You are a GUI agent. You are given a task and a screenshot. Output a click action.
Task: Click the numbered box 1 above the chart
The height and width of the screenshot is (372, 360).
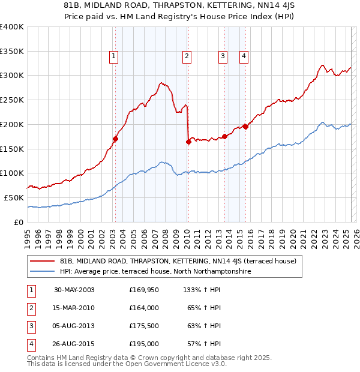tap(114, 56)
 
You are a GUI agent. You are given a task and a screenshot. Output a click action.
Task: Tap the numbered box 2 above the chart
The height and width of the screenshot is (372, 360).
tap(187, 56)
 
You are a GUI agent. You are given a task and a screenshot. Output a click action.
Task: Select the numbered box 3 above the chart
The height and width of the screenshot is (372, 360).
tap(223, 56)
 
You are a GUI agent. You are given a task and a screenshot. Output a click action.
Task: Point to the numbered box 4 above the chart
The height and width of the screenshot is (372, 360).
tap(244, 56)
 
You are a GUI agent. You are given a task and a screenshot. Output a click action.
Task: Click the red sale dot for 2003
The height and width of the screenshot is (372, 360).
tap(115, 139)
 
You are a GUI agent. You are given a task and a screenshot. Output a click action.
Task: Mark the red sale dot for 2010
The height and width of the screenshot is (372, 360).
tap(188, 142)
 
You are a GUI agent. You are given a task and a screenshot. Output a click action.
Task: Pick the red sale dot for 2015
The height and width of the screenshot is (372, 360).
tap(245, 127)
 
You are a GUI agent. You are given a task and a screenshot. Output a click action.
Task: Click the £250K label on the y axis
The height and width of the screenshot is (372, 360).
tap(12, 100)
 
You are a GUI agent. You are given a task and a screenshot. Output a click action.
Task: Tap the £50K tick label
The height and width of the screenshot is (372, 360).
tap(14, 197)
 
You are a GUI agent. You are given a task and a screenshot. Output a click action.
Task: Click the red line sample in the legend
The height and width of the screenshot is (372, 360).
tap(42, 261)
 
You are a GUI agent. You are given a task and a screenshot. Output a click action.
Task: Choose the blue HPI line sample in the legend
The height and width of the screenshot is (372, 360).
tap(42, 271)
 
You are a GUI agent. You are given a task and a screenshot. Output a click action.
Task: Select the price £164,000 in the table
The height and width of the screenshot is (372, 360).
tap(144, 308)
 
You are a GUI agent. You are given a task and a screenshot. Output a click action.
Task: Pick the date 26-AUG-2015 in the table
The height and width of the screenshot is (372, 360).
tap(74, 344)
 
